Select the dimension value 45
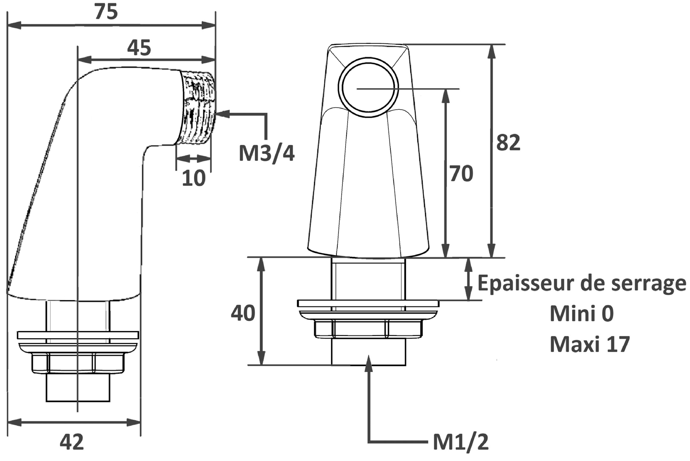coord(139,48)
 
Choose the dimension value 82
coord(508,143)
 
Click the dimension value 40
coord(243,313)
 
